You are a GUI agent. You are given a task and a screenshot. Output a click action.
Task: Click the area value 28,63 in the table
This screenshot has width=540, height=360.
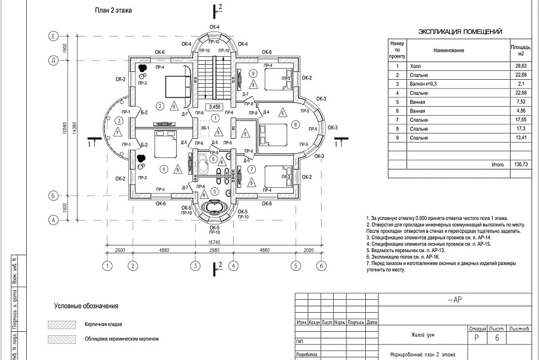[521, 67]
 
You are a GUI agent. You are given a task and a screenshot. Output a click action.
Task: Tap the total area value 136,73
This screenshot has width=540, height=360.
[521, 165]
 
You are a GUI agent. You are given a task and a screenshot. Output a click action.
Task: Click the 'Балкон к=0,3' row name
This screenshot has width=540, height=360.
[423, 84]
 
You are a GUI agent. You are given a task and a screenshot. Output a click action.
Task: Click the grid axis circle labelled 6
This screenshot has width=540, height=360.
[321, 266]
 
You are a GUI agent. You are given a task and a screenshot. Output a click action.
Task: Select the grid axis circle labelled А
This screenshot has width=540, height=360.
[52, 220]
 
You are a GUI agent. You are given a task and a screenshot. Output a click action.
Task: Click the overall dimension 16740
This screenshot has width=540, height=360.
[214, 242]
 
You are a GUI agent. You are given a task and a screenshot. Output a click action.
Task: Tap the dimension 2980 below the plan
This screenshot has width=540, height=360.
[214, 251]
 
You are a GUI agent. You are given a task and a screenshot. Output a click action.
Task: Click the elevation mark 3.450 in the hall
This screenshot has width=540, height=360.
[214, 106]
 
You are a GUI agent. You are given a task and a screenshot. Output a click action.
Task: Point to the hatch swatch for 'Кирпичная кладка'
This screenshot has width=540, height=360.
[60, 324]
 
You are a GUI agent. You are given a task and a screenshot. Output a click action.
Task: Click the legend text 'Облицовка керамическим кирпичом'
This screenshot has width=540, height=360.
[122, 340]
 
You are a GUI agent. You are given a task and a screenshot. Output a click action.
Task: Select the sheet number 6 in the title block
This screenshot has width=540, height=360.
[497, 338]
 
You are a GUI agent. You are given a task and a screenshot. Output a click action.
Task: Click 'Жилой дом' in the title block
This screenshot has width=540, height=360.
[423, 335]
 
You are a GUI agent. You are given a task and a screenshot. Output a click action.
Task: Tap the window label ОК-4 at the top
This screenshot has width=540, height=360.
[214, 26]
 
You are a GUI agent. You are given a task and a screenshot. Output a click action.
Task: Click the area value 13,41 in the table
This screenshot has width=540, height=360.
[521, 138]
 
